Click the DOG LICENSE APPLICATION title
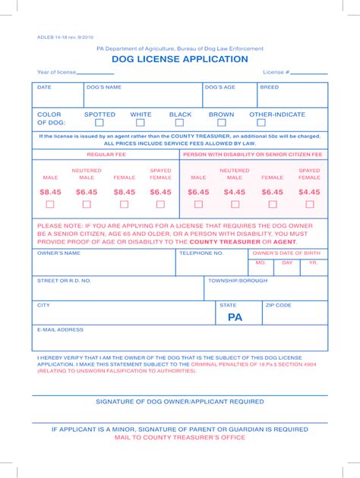[179, 59]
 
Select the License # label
[276, 72]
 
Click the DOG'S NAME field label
[104, 87]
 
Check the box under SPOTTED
[99, 121]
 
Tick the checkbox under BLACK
[179, 121]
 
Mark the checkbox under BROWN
[221, 121]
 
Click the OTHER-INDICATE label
[277, 115]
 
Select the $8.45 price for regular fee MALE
[50, 193]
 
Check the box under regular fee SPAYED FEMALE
[160, 204]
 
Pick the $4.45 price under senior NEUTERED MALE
[235, 193]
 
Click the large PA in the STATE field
[235, 317]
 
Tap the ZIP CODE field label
[278, 304]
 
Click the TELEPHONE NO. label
[201, 253]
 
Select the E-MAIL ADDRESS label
[60, 330]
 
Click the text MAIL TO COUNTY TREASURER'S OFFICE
[179, 438]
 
